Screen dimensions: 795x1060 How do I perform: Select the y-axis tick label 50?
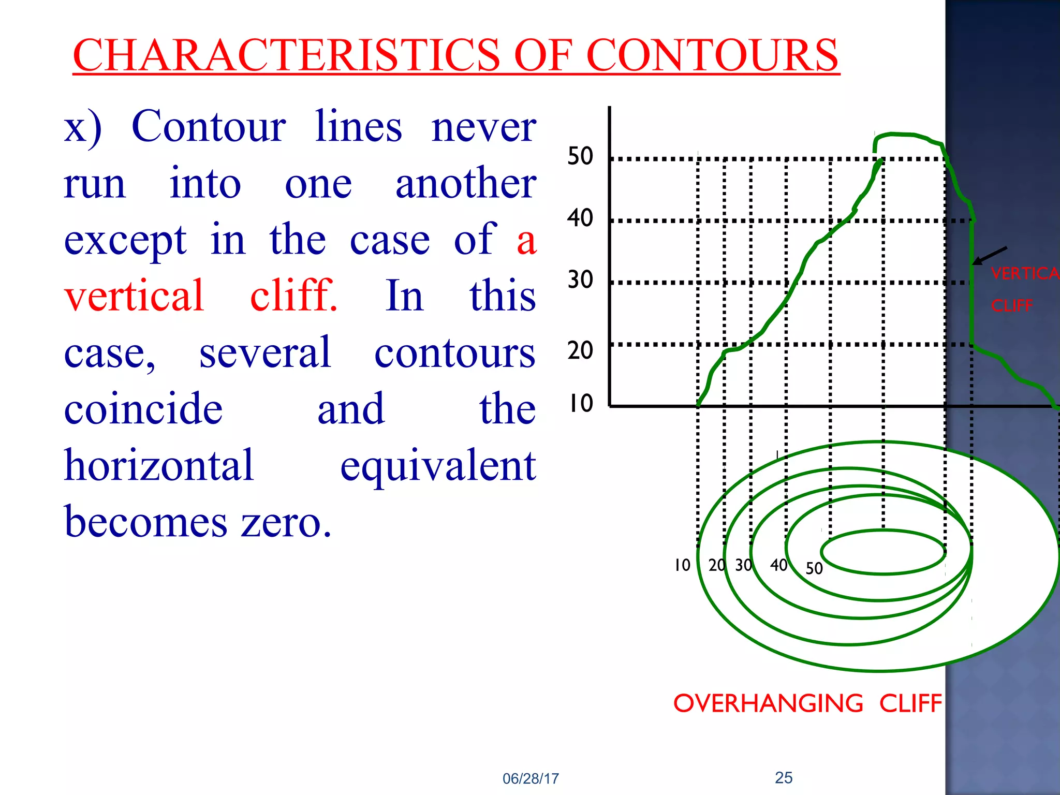click(580, 156)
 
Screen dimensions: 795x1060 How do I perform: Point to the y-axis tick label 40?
click(580, 218)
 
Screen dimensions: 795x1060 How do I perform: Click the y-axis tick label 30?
click(580, 280)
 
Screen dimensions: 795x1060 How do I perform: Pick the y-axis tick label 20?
click(580, 350)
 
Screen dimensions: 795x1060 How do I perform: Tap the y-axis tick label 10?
click(580, 403)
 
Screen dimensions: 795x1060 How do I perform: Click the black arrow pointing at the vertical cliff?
click(990, 256)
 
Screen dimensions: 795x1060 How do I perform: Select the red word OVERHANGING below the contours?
click(768, 703)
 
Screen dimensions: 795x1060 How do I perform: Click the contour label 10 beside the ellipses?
click(682, 565)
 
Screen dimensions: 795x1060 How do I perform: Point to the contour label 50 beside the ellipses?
click(814, 568)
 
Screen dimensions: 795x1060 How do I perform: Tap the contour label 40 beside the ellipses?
click(778, 565)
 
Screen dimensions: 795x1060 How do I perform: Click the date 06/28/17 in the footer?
click(531, 778)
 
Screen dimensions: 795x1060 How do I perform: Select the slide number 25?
click(784, 777)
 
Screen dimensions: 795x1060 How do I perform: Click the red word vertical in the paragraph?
click(134, 295)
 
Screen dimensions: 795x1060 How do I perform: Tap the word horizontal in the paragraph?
click(159, 465)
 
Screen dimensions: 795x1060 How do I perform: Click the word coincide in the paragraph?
click(143, 408)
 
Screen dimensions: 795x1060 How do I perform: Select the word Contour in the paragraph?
click(209, 126)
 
